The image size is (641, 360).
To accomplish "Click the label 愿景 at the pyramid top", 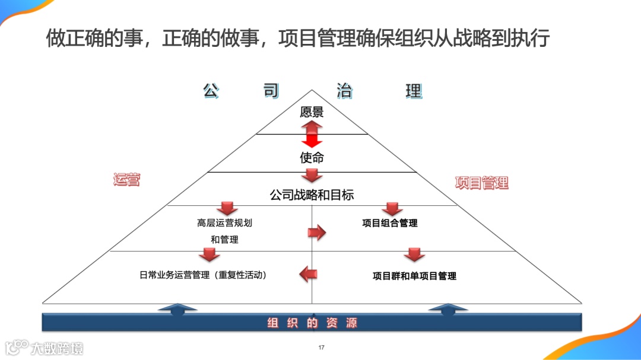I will click(312, 112).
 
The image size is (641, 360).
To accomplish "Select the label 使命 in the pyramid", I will click(312, 158).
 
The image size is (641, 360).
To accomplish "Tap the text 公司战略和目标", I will click(312, 195).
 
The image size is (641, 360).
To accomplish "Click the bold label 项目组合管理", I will click(390, 223).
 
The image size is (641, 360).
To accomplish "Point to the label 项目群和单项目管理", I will click(414, 276).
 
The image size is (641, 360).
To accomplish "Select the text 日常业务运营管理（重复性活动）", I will click(203, 275).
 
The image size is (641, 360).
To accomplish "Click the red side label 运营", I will click(126, 180).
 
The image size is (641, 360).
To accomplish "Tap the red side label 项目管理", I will click(482, 183).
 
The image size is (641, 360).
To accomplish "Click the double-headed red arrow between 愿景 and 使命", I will click(312, 134).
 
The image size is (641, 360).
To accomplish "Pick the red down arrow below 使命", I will click(312, 176).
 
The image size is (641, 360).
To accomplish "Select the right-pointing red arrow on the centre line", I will click(318, 232).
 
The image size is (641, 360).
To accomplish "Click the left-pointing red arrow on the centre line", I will click(308, 273).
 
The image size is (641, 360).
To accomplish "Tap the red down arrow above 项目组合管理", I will click(392, 209).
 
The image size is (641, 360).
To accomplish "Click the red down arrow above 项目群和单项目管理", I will click(414, 255).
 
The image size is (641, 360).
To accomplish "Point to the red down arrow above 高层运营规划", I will click(226, 209).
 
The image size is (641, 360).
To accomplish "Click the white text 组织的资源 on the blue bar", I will click(312, 323).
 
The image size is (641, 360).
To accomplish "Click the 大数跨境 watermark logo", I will click(44, 348).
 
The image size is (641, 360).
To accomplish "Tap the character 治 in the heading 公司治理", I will click(344, 91).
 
